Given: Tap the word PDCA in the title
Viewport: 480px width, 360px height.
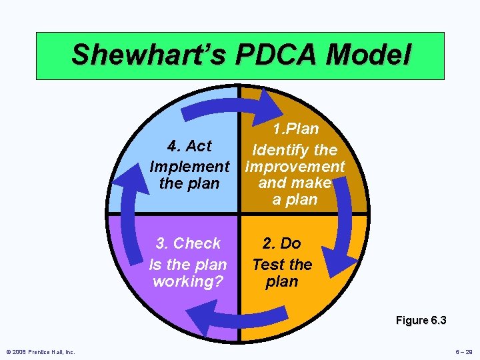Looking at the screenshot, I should click(x=270, y=55).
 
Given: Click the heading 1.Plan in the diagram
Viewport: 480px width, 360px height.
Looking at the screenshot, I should click(x=295, y=129).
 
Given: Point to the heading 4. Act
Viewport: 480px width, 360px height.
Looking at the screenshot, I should click(x=189, y=146).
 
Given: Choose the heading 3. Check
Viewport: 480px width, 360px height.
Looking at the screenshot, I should click(x=188, y=243).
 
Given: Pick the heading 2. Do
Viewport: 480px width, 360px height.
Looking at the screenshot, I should click(x=281, y=243).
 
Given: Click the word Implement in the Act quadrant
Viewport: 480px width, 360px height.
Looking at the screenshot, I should click(x=189, y=166).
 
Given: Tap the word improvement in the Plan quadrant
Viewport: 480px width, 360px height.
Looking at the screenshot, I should click(x=295, y=166).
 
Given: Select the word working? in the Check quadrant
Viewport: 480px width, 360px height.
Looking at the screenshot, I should click(x=187, y=281).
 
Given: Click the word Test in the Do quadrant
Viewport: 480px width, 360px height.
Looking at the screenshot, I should click(x=269, y=265).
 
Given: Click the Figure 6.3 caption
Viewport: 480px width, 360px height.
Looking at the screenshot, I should click(x=421, y=321).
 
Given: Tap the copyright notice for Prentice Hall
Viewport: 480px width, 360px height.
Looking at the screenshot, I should click(x=40, y=352).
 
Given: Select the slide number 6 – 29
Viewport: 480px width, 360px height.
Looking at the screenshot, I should click(x=462, y=352).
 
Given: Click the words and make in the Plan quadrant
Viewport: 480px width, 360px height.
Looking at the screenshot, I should click(x=295, y=183).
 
